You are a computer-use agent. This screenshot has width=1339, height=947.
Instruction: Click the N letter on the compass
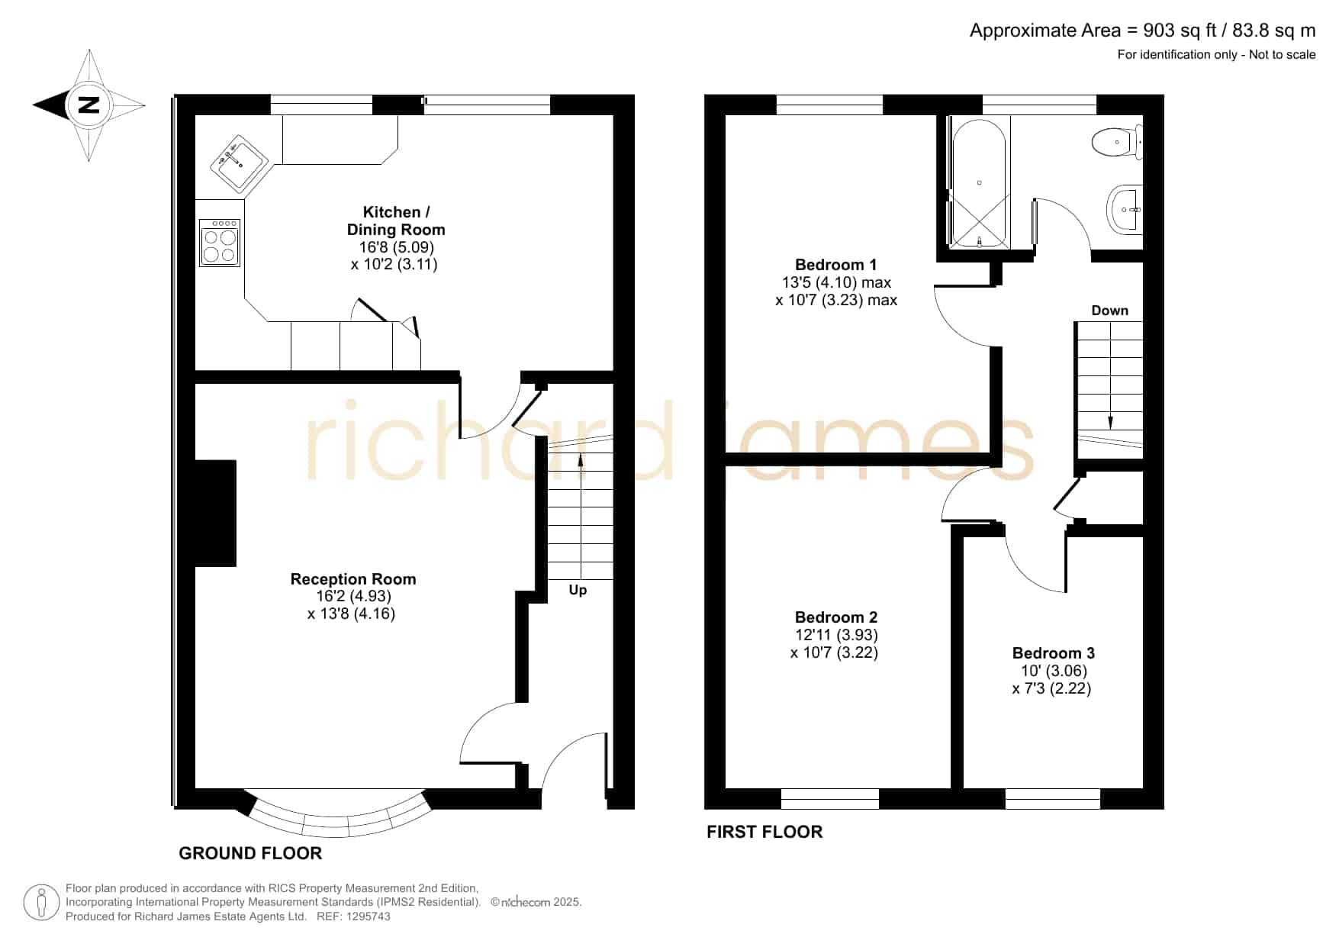(x=89, y=105)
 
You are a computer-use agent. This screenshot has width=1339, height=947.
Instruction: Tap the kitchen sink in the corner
(x=240, y=163)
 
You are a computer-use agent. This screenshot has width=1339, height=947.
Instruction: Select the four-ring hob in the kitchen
(x=220, y=243)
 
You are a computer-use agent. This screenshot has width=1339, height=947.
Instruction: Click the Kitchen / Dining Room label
(x=395, y=221)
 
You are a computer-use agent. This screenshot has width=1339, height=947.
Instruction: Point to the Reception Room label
(x=353, y=579)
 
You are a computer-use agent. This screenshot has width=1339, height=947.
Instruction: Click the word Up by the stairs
(x=578, y=591)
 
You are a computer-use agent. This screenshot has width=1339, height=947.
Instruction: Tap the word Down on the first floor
(x=1109, y=311)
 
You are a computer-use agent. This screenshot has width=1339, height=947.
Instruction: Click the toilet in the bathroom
(x=1117, y=143)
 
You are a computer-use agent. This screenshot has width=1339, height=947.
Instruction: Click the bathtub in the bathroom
(x=980, y=183)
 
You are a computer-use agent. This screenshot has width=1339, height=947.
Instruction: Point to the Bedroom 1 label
(x=835, y=265)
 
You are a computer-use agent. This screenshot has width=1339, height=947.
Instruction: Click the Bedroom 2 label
(x=836, y=617)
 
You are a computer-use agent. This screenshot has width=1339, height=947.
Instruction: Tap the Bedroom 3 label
(x=1053, y=653)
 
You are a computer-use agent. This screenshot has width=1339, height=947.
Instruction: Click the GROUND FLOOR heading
(x=250, y=853)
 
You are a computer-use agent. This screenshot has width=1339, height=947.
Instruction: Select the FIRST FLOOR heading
(x=764, y=832)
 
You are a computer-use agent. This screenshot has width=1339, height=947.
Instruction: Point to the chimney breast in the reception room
(x=216, y=513)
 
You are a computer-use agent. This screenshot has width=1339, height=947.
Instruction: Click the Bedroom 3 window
(x=1053, y=799)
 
